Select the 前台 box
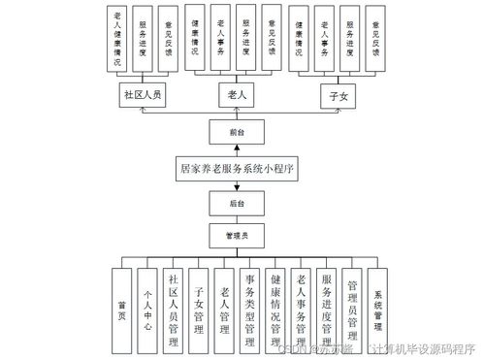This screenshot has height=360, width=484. [x=236, y=130]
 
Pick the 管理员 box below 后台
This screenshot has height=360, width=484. [x=236, y=235]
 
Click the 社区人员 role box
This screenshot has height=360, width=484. [x=144, y=96]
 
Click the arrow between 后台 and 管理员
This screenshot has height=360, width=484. [x=236, y=218]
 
